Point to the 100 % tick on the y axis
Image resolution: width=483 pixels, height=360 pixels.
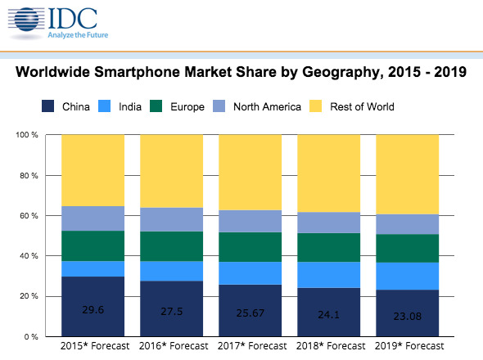point(27,134)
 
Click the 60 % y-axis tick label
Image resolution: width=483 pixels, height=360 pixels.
point(29,215)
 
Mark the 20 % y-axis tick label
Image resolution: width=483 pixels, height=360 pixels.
point(29,296)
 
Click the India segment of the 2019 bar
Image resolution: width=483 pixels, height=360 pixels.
point(407,276)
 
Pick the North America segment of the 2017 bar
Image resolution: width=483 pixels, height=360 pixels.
point(250,221)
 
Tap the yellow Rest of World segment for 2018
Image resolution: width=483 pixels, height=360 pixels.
point(328,173)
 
